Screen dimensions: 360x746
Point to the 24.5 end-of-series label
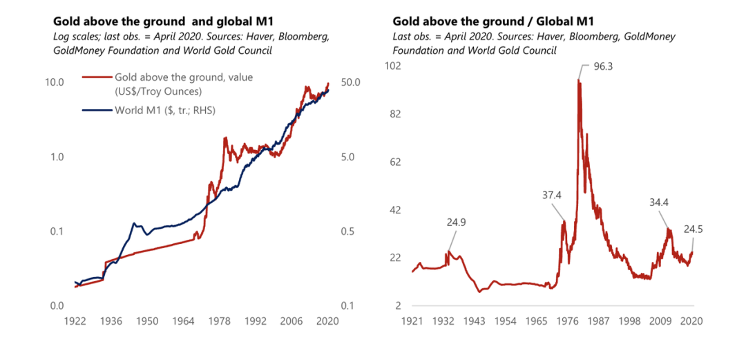pos(693,229)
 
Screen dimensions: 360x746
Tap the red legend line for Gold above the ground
pos(97,77)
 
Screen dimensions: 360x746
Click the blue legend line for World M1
pos(97,109)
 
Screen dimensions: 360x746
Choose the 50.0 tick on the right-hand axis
pos(352,82)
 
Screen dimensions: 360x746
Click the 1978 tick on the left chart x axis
pos(219,321)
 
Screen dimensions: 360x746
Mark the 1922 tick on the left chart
pos(75,321)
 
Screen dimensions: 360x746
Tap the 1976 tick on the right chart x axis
pos(568,321)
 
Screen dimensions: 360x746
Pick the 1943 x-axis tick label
pos(474,321)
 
